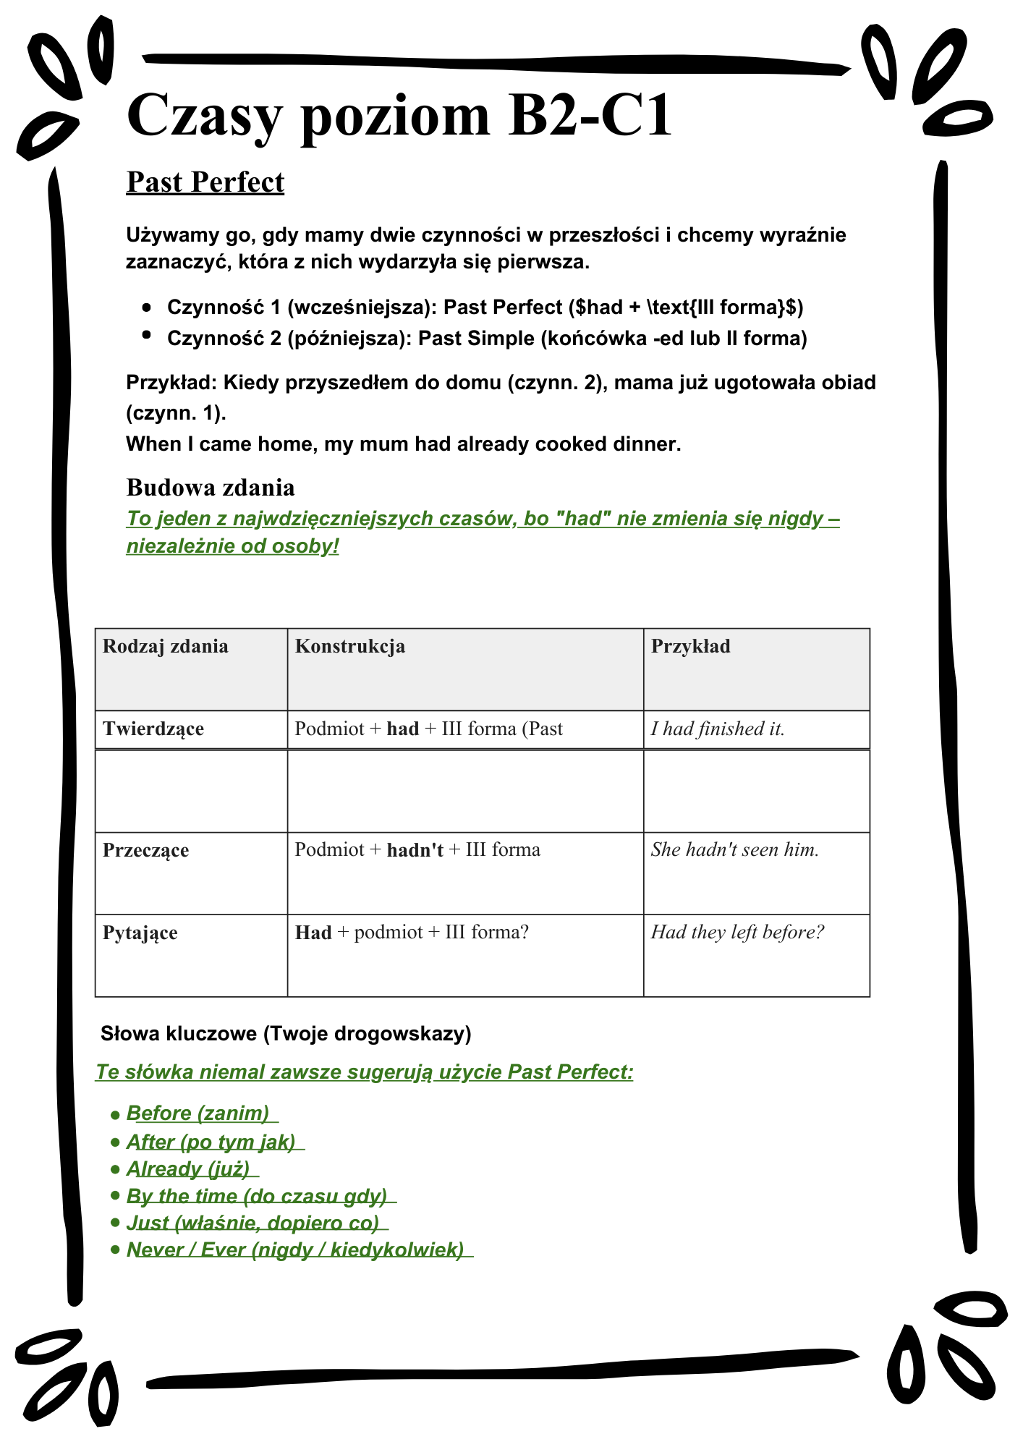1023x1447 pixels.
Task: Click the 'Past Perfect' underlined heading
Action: click(205, 182)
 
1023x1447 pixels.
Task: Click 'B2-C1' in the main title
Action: click(590, 116)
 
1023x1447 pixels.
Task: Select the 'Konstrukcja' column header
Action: click(349, 646)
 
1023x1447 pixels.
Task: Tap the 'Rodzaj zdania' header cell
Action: click(165, 646)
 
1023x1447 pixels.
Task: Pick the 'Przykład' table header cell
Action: click(690, 646)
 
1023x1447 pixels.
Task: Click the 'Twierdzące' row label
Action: click(153, 729)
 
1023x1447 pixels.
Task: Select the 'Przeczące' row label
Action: click(145, 850)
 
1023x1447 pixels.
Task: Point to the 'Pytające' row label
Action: click(140, 933)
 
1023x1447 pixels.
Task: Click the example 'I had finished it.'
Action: click(717, 729)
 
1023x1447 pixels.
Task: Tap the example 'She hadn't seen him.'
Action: click(734, 849)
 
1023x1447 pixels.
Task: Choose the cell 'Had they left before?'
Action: click(737, 932)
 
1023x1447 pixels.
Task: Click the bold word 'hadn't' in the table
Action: click(415, 850)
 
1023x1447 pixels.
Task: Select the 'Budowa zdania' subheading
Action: click(211, 488)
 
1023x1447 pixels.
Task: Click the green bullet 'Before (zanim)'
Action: click(198, 1113)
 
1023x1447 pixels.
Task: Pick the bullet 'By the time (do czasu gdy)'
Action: click(257, 1196)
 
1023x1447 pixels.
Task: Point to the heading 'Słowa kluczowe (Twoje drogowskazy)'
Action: click(286, 1034)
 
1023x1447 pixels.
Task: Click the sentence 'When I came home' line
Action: click(403, 444)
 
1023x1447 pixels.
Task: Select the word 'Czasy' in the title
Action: click(203, 116)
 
